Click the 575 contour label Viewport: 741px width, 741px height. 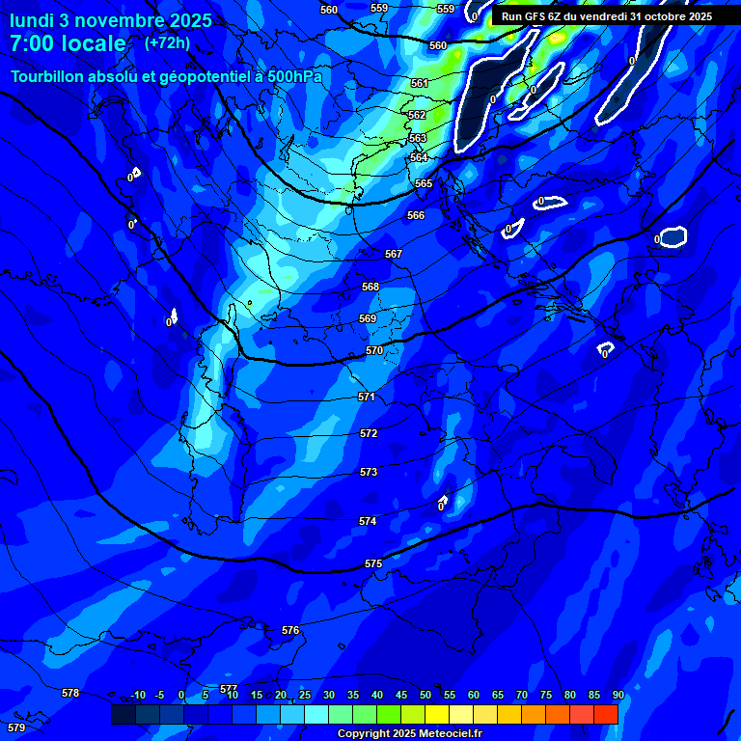point(373,563)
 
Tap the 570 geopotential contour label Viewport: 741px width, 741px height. point(374,350)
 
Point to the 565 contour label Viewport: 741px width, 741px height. point(424,183)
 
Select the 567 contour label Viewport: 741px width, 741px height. point(393,254)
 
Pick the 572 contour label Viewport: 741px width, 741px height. point(369,433)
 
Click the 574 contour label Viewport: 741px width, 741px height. point(368,521)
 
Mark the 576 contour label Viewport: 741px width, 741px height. point(290,630)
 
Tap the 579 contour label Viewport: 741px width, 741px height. point(15,727)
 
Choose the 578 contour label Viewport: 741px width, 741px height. point(70,693)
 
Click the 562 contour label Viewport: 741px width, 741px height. point(417,115)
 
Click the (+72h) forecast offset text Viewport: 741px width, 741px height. point(167,43)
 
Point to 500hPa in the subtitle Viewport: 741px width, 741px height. point(293,76)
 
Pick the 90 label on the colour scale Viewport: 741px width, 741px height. point(617,695)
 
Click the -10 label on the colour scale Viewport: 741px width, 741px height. point(138,695)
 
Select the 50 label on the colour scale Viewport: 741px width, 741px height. point(425,695)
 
